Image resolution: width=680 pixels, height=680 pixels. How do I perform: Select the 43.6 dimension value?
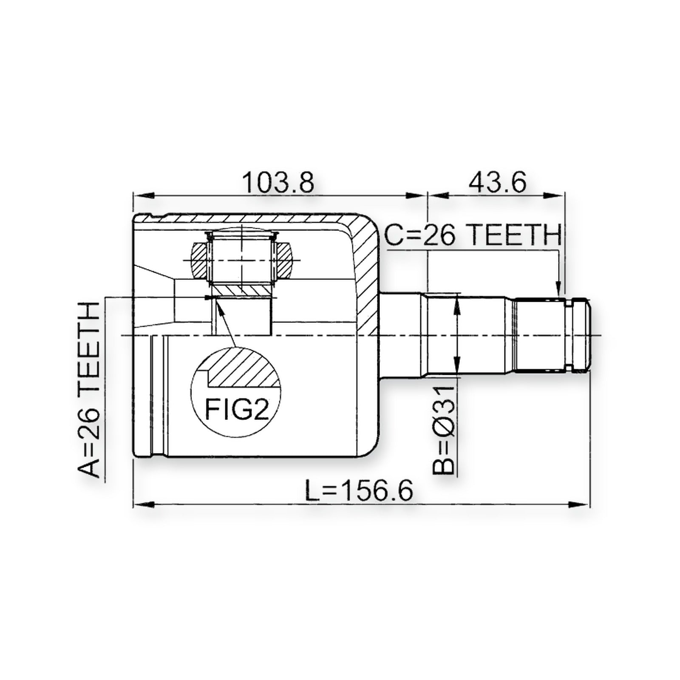497,182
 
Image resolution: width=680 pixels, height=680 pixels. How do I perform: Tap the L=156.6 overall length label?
359,491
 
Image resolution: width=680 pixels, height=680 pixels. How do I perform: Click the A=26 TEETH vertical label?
89,390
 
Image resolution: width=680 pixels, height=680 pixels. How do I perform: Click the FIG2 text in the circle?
237,409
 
